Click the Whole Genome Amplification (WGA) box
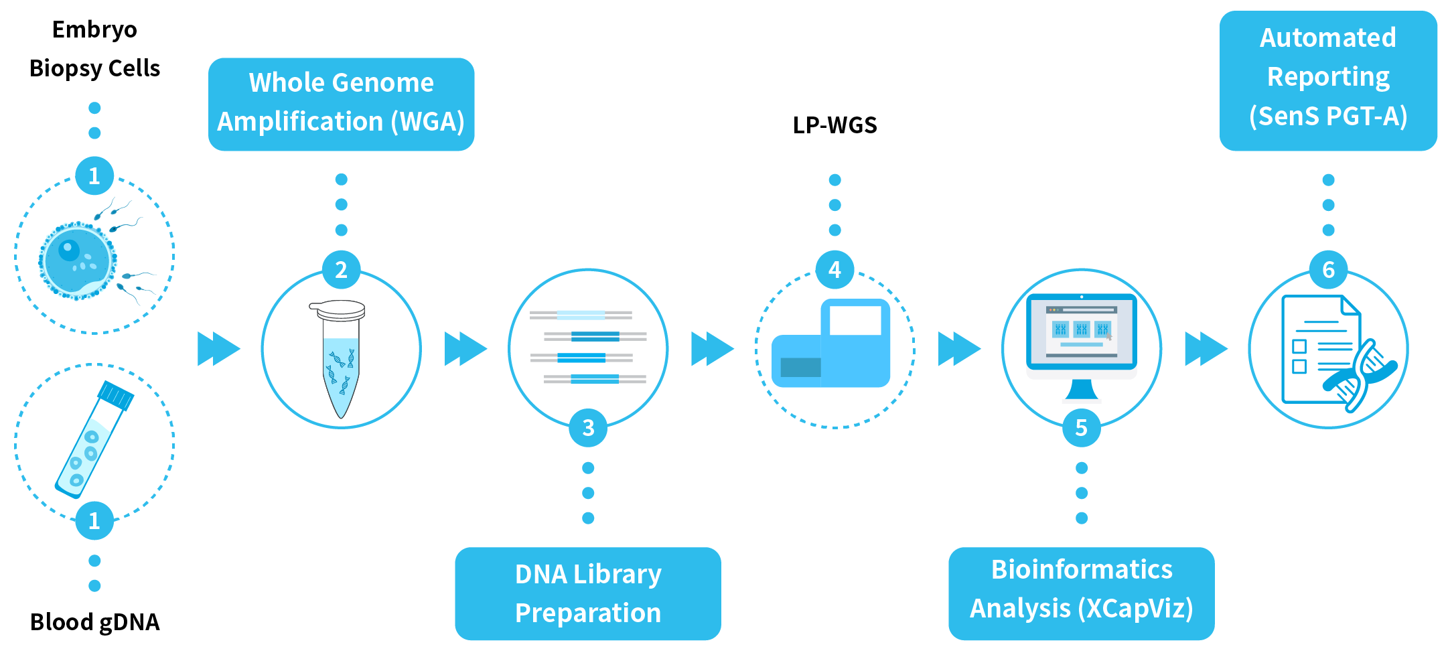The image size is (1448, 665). [341, 104]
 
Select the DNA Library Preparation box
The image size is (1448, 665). [587, 593]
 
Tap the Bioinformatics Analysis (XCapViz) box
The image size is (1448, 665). [1081, 593]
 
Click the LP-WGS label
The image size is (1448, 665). [835, 125]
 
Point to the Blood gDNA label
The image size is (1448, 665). [94, 622]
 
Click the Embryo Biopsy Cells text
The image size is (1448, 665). [94, 49]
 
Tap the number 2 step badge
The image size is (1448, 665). [341, 270]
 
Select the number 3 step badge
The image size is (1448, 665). [587, 427]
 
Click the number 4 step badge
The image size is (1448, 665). [835, 270]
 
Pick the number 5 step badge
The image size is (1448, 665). [1081, 427]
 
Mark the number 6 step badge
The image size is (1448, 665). [1328, 270]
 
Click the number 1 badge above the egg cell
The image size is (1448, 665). [94, 176]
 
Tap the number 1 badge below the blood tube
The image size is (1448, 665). [94, 520]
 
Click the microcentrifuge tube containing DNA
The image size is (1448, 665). [341, 358]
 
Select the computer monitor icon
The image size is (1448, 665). [1081, 338]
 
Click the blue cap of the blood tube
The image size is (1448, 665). [116, 395]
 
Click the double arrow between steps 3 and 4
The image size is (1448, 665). [712, 349]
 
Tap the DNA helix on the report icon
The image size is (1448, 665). [1360, 375]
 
